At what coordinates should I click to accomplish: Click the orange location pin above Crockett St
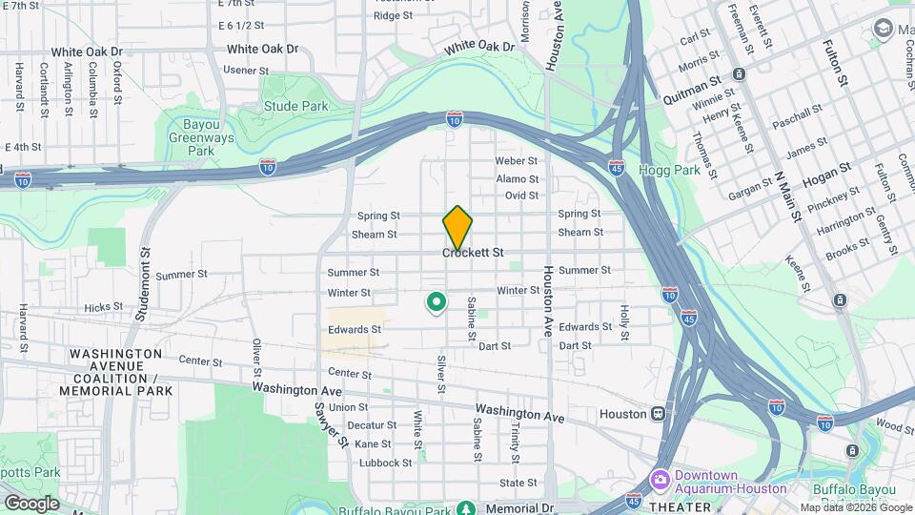pyautogui.click(x=457, y=227)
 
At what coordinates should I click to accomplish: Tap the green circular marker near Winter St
pyautogui.click(x=436, y=303)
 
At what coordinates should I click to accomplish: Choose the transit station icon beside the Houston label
pyautogui.click(x=658, y=414)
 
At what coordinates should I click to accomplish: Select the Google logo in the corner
pyautogui.click(x=31, y=503)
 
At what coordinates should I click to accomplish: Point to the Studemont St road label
pyautogui.click(x=146, y=278)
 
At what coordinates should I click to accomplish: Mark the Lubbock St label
pyautogui.click(x=387, y=463)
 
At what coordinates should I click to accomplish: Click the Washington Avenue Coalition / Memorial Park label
pyautogui.click(x=115, y=372)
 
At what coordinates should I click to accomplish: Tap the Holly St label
pyautogui.click(x=625, y=322)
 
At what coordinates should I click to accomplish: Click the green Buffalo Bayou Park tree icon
pyautogui.click(x=465, y=509)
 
